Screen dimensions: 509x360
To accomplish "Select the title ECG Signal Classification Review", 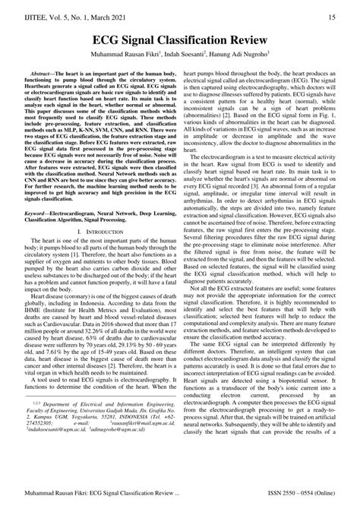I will [180, 39].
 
